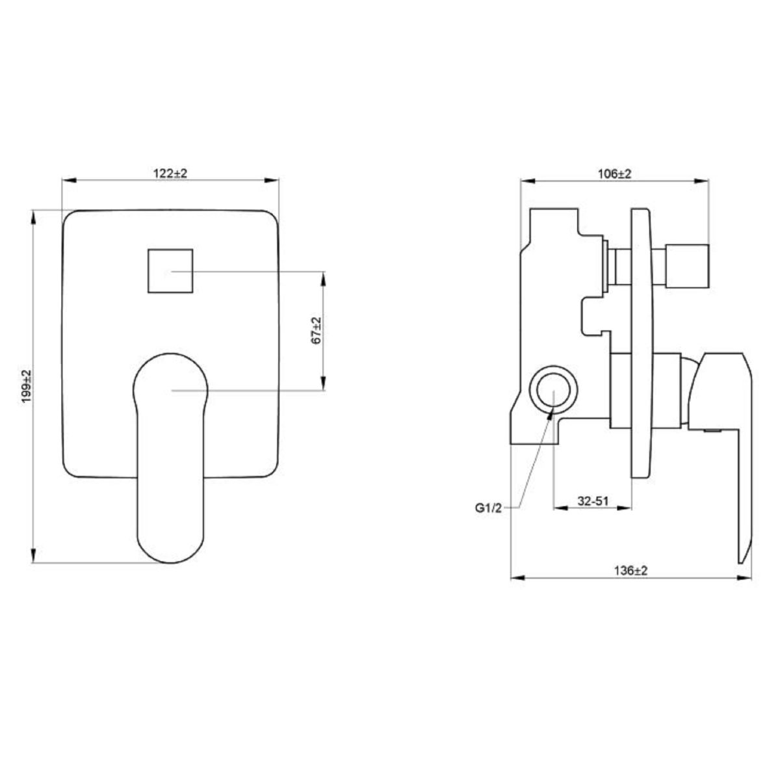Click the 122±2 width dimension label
[x=170, y=174]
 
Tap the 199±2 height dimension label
[x=27, y=386]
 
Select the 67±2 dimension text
[x=316, y=331]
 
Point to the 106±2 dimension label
[x=614, y=174]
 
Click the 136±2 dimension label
[x=631, y=571]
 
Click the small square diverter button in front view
[x=170, y=271]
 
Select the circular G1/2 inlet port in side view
[x=553, y=389]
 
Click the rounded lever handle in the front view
[x=170, y=458]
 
